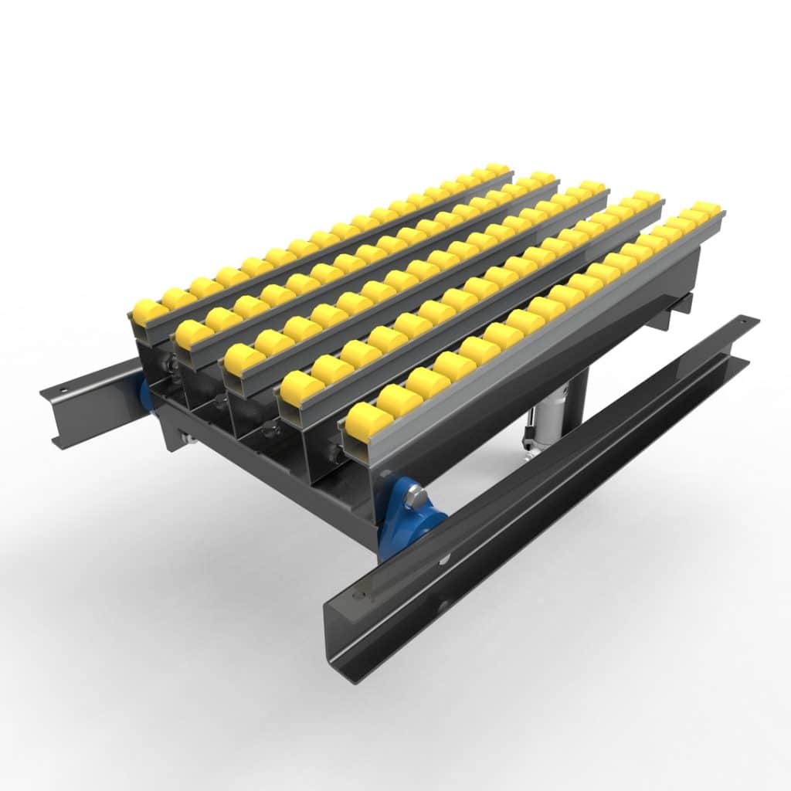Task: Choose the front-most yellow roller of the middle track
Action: click(x=245, y=358)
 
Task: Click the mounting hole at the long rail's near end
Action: click(x=356, y=596)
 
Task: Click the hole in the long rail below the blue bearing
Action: click(x=446, y=554)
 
